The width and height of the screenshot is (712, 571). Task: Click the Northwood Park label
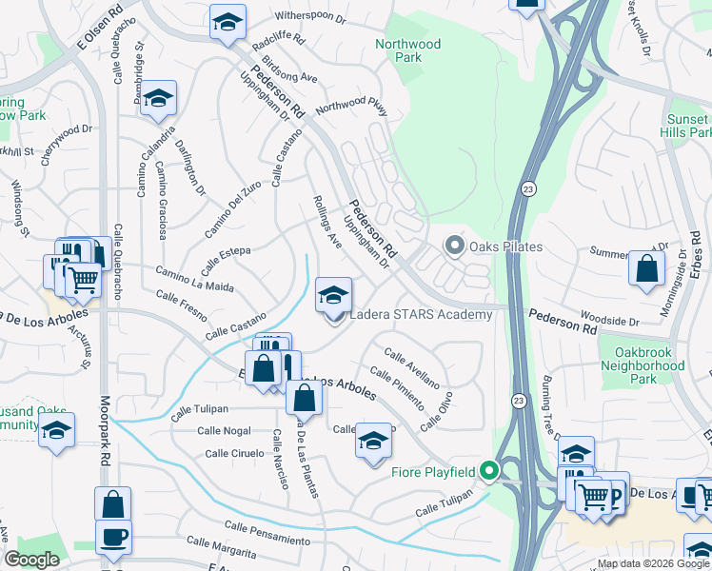click(407, 50)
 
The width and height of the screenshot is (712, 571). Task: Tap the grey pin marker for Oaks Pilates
click(454, 247)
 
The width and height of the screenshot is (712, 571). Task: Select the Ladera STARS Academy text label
click(421, 315)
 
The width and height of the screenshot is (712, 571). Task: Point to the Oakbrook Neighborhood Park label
click(643, 365)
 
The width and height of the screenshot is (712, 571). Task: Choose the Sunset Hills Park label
click(687, 127)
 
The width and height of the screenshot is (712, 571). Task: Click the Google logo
click(32, 560)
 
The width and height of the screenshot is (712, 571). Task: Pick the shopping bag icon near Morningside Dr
click(647, 269)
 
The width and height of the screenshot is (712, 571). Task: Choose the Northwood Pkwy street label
click(352, 108)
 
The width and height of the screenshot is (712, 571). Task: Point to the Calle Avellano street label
click(411, 367)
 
